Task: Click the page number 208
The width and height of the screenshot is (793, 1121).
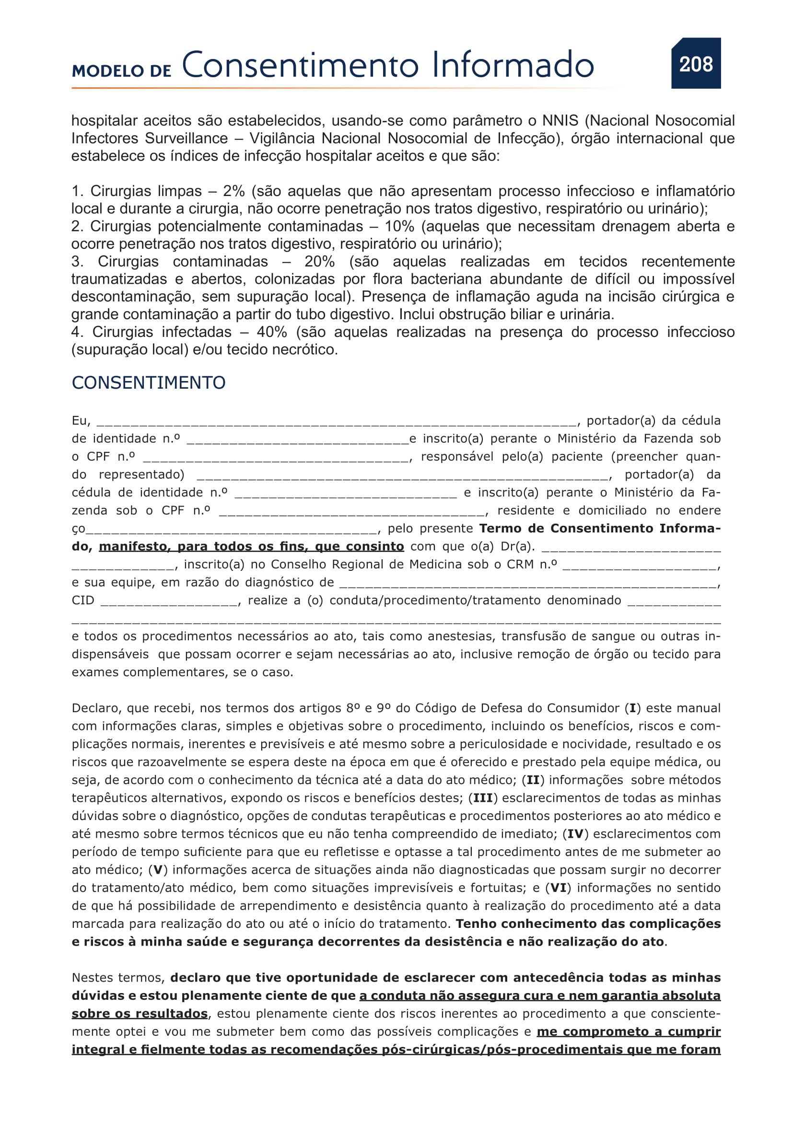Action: [x=696, y=64]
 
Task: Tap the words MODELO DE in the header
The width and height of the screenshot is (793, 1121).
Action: [x=122, y=71]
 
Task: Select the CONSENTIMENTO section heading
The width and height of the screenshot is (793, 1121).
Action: [x=149, y=383]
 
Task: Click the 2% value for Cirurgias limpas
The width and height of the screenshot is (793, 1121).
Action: [x=233, y=191]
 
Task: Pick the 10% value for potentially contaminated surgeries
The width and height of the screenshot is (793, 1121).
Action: [x=399, y=226]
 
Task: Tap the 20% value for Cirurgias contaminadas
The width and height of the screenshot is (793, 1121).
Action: [x=319, y=261]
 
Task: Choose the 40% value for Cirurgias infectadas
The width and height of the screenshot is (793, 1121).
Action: [x=271, y=332]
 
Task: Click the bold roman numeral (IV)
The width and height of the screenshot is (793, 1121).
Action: [x=575, y=834]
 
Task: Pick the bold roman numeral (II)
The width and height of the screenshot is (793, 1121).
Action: [x=533, y=780]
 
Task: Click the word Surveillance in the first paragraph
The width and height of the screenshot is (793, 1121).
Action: [x=186, y=138]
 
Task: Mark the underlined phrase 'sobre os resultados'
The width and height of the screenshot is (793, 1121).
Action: [x=140, y=1014]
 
